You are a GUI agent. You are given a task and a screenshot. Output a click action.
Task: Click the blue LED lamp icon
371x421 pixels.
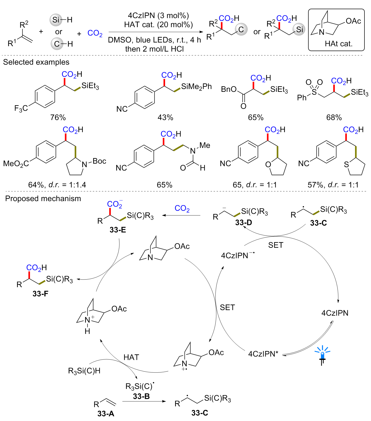[322, 355]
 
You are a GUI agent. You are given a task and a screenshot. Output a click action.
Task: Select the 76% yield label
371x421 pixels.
[58, 118]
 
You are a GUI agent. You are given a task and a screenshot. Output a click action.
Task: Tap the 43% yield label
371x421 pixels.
[165, 118]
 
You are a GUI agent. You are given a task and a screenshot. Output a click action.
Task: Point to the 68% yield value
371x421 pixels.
[334, 118]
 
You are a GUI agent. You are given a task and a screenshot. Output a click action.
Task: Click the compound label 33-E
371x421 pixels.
[118, 230]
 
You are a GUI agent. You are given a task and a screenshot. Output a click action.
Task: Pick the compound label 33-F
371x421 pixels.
[40, 294]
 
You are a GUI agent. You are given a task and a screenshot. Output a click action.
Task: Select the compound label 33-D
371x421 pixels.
[243, 222]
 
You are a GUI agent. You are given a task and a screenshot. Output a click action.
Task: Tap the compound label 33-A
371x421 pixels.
[106, 413]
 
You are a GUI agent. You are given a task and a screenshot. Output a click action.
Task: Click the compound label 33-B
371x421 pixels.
[141, 396]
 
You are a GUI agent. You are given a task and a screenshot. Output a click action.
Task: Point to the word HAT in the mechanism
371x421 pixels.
[131, 357]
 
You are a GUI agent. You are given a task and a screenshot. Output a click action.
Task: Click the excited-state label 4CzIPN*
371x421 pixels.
[263, 354]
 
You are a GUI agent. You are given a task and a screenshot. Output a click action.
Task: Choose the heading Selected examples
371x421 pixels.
[36, 62]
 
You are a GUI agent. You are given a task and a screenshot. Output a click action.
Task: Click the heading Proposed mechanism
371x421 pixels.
[43, 199]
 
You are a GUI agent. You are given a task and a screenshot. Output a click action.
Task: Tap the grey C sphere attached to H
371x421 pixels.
[57, 44]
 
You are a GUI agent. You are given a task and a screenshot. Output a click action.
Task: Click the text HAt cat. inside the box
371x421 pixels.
[339, 44]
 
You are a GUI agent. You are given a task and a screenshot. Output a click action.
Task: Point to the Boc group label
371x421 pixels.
[99, 161]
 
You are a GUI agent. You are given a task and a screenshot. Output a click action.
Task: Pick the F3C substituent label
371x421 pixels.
[21, 108]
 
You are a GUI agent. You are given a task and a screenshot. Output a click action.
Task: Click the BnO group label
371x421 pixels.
[229, 89]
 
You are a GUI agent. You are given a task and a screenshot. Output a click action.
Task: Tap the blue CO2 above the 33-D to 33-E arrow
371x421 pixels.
[182, 208]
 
